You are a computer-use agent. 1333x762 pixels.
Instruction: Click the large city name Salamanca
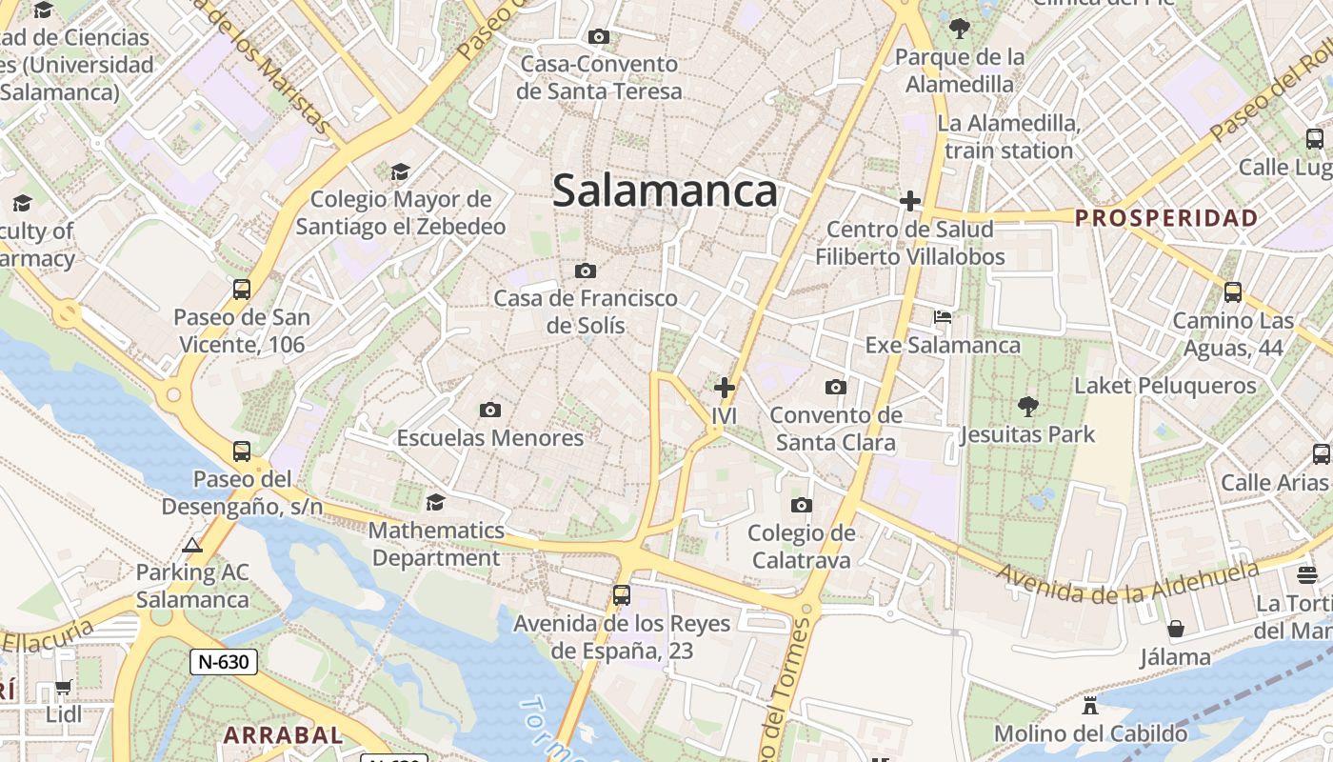tap(665, 190)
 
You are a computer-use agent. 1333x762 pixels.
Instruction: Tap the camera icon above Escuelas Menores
tap(490, 410)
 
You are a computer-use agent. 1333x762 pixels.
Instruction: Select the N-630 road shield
tap(224, 662)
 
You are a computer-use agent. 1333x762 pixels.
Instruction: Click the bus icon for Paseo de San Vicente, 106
tap(242, 290)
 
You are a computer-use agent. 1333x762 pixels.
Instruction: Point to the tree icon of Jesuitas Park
tap(1027, 407)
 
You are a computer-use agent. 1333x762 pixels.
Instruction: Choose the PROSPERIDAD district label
tap(1166, 218)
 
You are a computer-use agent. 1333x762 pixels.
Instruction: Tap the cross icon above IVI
tap(725, 388)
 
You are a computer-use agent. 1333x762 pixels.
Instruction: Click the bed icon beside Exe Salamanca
tap(942, 316)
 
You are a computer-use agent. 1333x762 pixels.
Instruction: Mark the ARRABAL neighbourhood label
tap(283, 735)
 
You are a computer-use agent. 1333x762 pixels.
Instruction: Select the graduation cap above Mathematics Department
tap(435, 502)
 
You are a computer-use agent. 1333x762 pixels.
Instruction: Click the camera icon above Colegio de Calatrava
tap(802, 505)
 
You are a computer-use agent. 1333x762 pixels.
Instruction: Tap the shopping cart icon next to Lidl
tap(63, 687)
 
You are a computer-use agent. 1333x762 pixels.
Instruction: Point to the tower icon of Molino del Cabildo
tap(1090, 706)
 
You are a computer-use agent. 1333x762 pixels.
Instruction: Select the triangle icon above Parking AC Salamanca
tap(192, 546)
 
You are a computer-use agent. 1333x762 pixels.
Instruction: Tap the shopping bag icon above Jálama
tap(1176, 629)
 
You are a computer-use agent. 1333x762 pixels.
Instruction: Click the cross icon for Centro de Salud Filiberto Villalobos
tap(910, 201)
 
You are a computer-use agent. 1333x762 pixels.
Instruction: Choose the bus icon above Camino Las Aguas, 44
tap(1233, 291)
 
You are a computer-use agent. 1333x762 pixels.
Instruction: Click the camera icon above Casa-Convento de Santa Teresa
tap(599, 37)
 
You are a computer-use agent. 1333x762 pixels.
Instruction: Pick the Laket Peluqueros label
tap(1165, 386)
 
